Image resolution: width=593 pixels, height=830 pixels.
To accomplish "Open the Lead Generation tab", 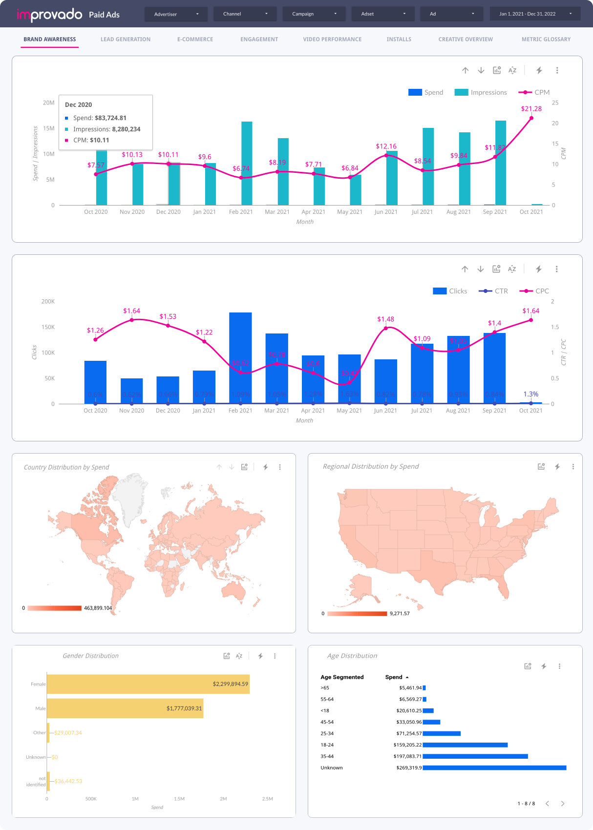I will click(x=125, y=39).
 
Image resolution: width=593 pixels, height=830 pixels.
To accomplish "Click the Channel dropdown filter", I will click(x=245, y=14).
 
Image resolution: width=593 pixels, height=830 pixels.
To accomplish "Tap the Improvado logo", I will click(x=49, y=15).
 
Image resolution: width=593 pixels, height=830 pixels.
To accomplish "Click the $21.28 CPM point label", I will click(x=531, y=108).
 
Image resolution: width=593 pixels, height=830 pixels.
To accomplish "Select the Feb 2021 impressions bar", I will click(x=247, y=164).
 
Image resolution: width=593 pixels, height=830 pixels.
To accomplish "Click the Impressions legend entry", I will click(x=481, y=92).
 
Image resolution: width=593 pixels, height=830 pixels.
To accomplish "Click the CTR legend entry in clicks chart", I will click(x=493, y=291).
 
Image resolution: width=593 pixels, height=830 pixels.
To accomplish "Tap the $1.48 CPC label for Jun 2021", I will click(x=385, y=319).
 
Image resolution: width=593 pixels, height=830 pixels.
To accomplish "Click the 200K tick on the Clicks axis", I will click(x=48, y=301).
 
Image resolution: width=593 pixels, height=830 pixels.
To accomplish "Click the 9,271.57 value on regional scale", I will click(x=400, y=613).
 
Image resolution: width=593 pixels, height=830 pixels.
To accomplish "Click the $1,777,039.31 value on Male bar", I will click(x=184, y=708).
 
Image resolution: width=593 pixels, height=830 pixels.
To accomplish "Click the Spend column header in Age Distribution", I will click(x=394, y=677).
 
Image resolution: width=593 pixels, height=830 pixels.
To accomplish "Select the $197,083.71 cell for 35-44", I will click(x=407, y=756).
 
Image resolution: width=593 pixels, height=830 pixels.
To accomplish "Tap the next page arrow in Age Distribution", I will click(x=563, y=803).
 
